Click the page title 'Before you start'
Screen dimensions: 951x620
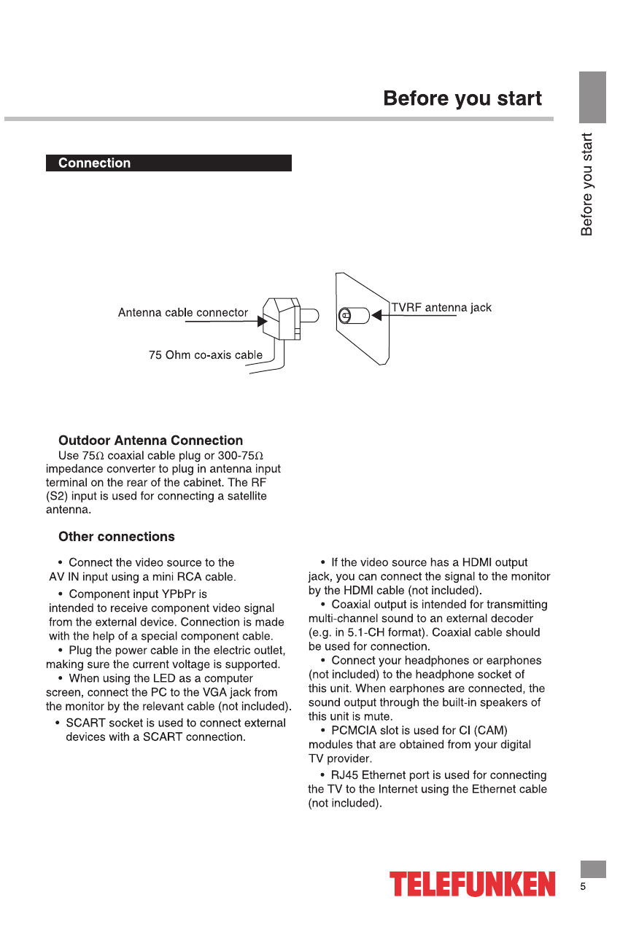click(462, 98)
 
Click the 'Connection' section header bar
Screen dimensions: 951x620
click(168, 163)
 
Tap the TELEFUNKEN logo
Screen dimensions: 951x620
click(472, 884)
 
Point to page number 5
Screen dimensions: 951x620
click(583, 888)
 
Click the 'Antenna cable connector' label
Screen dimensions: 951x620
click(183, 313)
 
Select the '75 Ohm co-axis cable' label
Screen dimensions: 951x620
click(206, 355)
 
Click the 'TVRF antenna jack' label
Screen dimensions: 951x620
click(441, 308)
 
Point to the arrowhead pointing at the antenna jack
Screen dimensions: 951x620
click(376, 316)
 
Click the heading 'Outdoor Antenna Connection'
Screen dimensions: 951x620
click(150, 440)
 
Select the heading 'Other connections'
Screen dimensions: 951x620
click(117, 537)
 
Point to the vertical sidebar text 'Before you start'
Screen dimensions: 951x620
click(587, 184)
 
